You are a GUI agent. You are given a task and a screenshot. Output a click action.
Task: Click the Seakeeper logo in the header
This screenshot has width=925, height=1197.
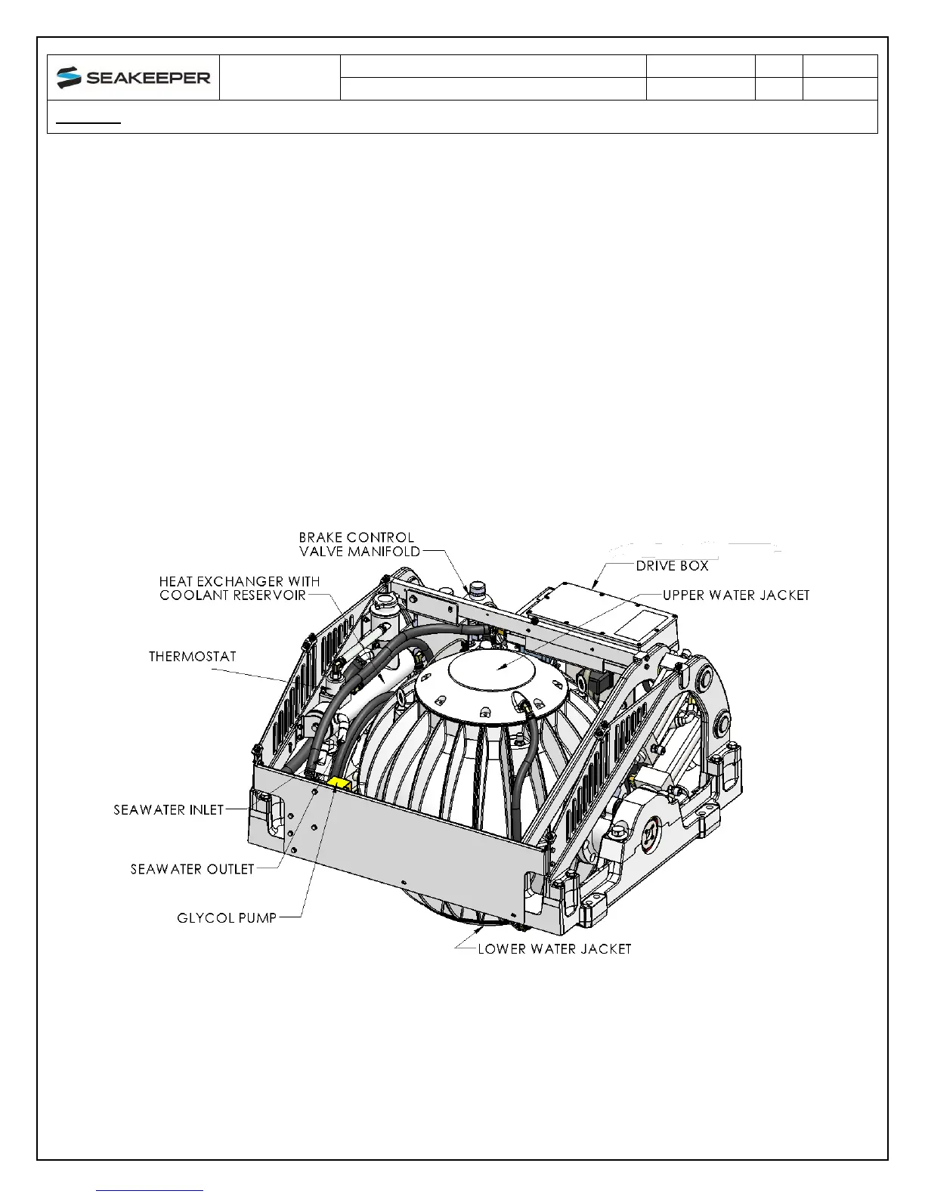(133, 77)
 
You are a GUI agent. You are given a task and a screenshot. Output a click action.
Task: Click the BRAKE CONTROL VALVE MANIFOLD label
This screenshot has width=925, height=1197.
(359, 544)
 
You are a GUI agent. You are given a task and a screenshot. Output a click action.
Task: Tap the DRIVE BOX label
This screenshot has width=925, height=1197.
(672, 565)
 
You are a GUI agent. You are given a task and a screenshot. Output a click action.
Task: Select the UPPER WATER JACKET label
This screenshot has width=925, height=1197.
(736, 595)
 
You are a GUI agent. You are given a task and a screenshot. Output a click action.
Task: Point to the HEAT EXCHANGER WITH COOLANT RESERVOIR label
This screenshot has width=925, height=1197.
(239, 588)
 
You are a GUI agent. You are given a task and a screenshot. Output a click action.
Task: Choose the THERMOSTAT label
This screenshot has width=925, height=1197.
(192, 656)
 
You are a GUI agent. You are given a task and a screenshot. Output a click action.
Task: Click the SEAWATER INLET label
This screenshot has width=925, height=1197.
(169, 809)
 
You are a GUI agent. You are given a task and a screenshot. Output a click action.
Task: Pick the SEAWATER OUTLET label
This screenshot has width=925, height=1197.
(192, 869)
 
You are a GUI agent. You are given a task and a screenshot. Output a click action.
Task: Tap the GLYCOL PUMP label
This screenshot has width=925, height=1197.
(227, 917)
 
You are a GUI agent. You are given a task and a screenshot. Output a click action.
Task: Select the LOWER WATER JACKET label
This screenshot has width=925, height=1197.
(554, 948)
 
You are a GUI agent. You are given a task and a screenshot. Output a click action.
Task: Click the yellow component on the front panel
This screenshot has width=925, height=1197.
(338, 784)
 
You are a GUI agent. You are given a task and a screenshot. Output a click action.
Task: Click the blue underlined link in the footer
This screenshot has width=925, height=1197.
(150, 1190)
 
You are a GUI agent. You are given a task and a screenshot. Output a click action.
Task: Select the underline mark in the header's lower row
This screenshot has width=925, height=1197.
(89, 122)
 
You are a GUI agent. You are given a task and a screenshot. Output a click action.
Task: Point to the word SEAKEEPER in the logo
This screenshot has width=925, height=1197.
(148, 78)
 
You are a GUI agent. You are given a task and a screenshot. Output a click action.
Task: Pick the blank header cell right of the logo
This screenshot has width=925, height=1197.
(280, 77)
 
